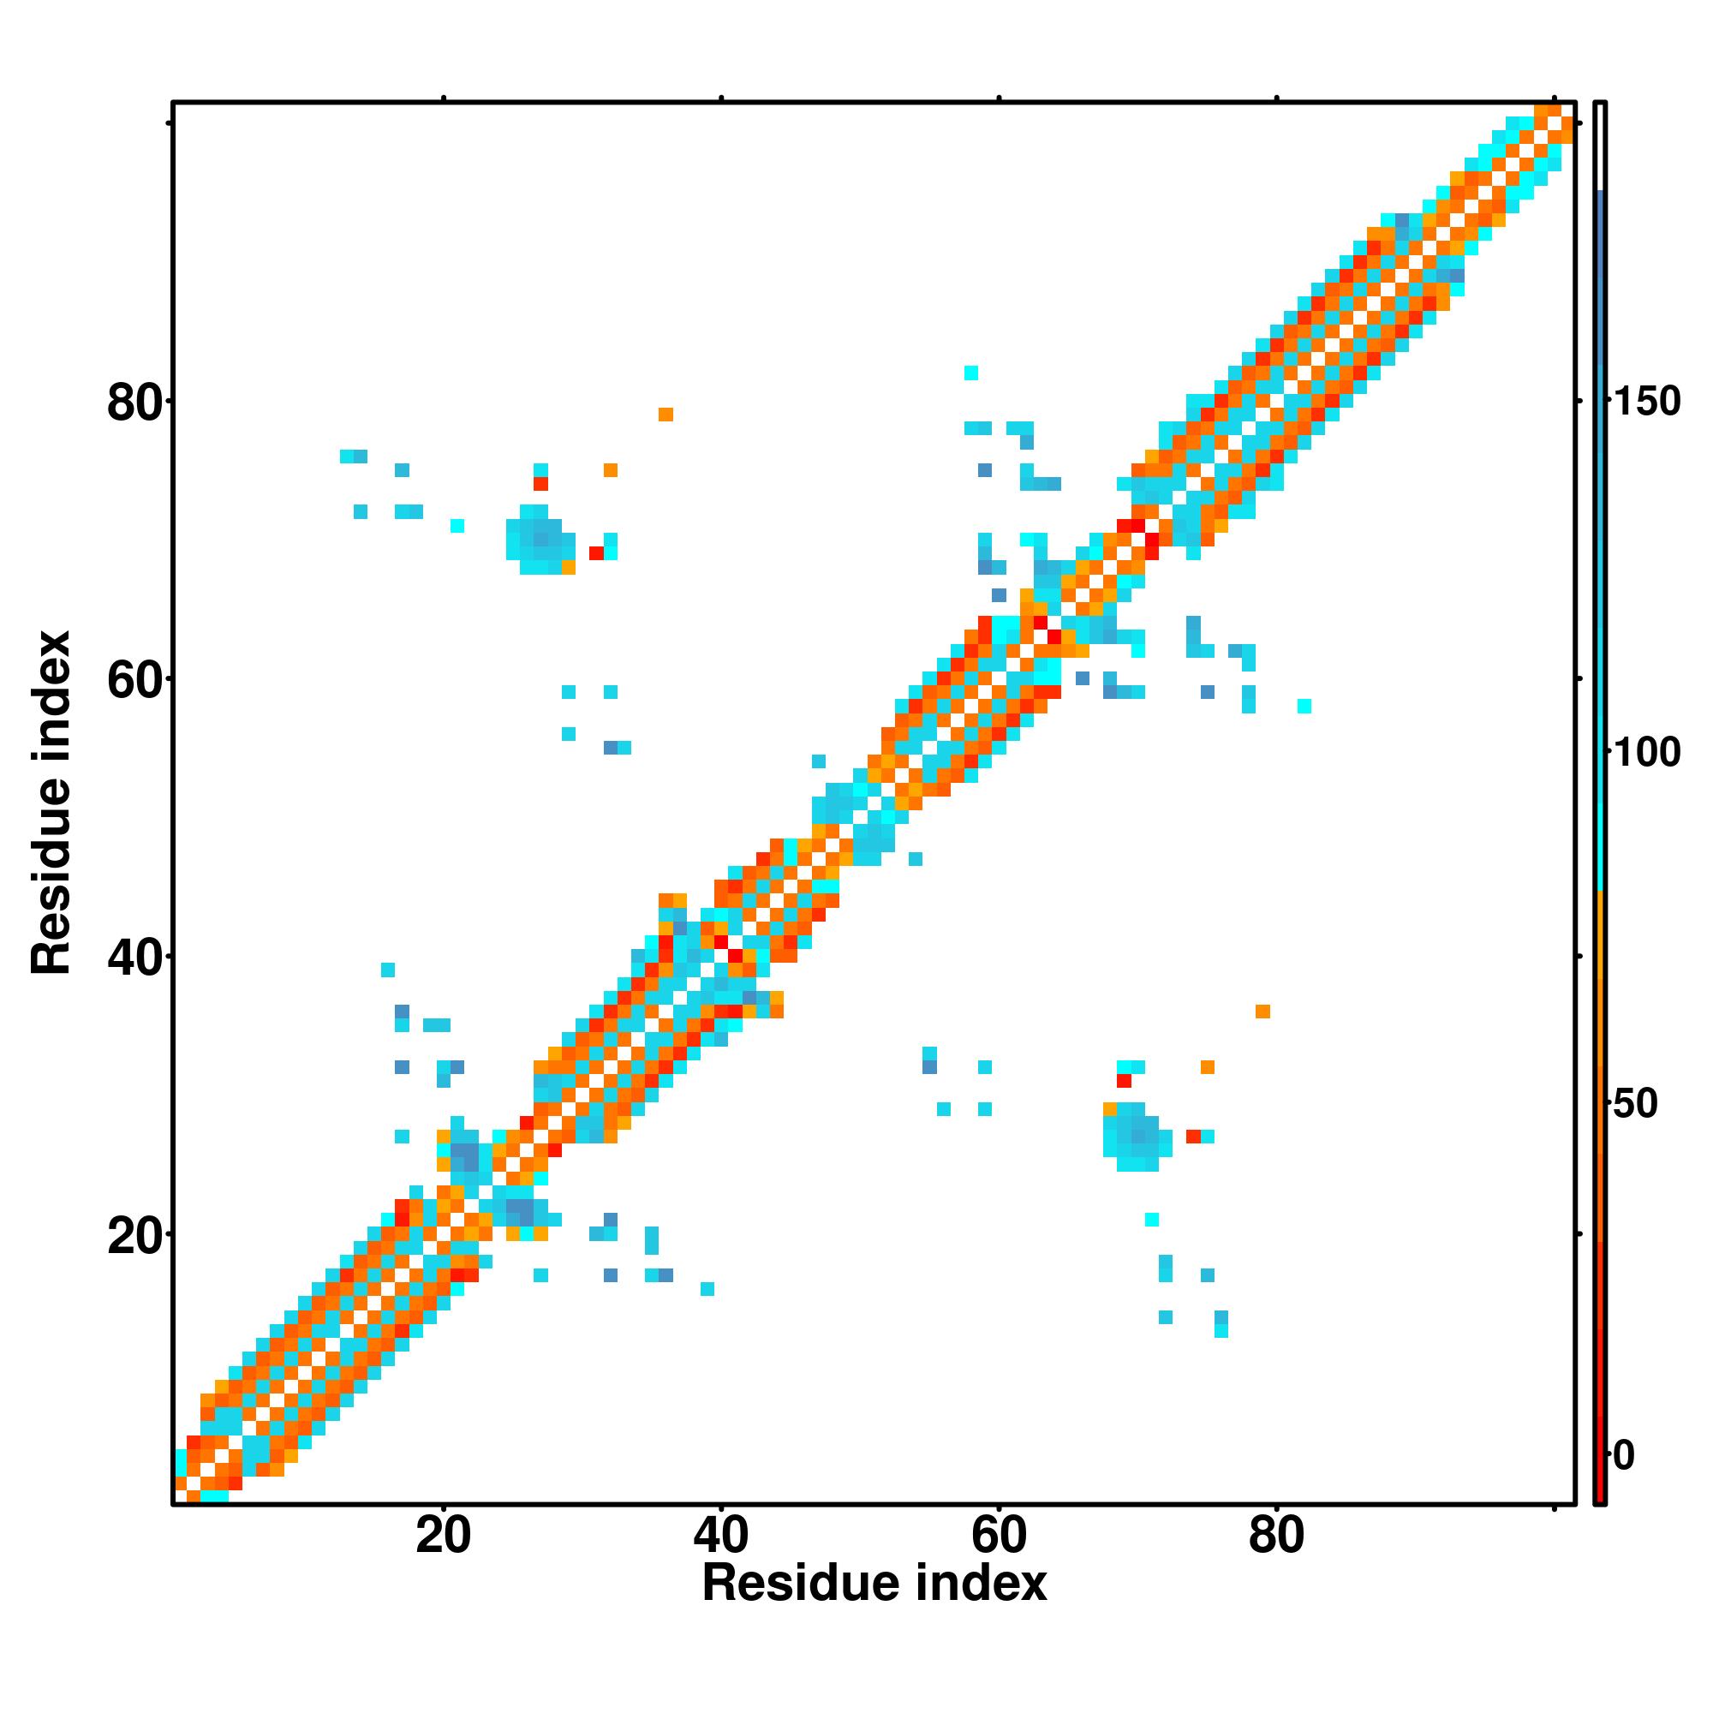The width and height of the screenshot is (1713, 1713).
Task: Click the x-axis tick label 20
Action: (x=444, y=1536)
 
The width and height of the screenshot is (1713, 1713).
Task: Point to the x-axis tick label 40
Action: (x=721, y=1536)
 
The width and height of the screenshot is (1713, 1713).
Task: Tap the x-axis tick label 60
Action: (x=1000, y=1536)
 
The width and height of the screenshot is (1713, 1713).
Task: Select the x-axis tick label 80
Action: (x=1277, y=1536)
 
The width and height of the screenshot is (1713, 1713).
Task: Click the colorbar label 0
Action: (x=1624, y=1455)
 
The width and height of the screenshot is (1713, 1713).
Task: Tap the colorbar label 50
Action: (x=1635, y=1105)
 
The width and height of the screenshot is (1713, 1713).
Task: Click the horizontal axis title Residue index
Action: (x=874, y=1584)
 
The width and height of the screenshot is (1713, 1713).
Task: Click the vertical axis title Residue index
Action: (x=51, y=803)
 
